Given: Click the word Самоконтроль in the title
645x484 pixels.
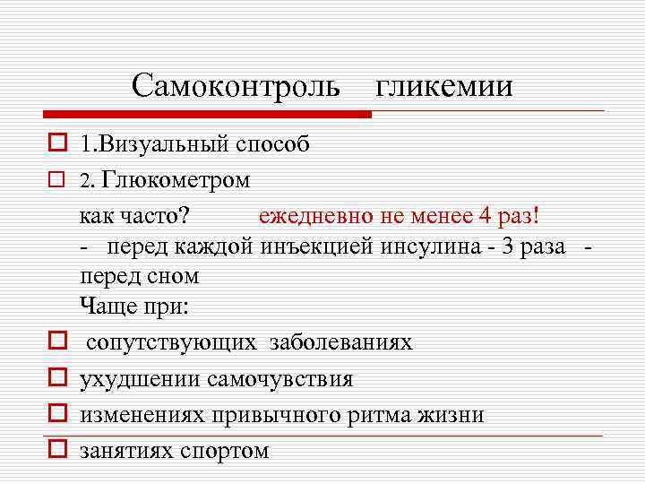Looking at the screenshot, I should pyautogui.click(x=236, y=85).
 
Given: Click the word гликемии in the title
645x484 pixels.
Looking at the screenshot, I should pyautogui.click(x=444, y=85).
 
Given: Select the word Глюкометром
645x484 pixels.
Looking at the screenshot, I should pyautogui.click(x=176, y=179).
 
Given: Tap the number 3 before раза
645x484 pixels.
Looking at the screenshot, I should pyautogui.click(x=508, y=246).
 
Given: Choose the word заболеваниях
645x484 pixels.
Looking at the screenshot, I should pyautogui.click(x=341, y=342).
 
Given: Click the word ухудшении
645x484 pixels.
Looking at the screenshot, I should pyautogui.click(x=140, y=378).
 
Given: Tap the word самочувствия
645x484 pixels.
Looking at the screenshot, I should pyautogui.click(x=279, y=378).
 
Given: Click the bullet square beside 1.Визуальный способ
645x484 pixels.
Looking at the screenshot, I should pyautogui.click(x=56, y=142).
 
